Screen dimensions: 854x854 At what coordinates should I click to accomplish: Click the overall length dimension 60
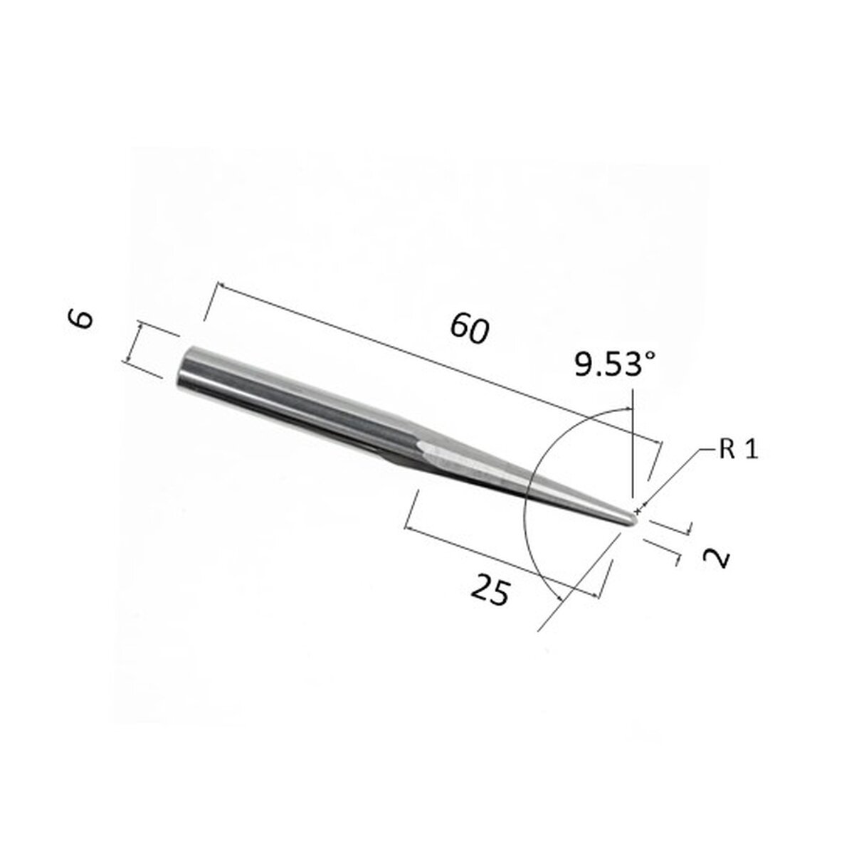(470, 330)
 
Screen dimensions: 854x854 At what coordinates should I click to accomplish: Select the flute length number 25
(490, 591)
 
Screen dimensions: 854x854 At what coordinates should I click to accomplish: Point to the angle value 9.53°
(615, 367)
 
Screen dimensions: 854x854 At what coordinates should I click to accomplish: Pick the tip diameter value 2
(717, 557)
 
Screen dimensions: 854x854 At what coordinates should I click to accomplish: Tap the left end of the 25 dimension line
(406, 527)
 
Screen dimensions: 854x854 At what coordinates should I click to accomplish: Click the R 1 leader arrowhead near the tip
(643, 510)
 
